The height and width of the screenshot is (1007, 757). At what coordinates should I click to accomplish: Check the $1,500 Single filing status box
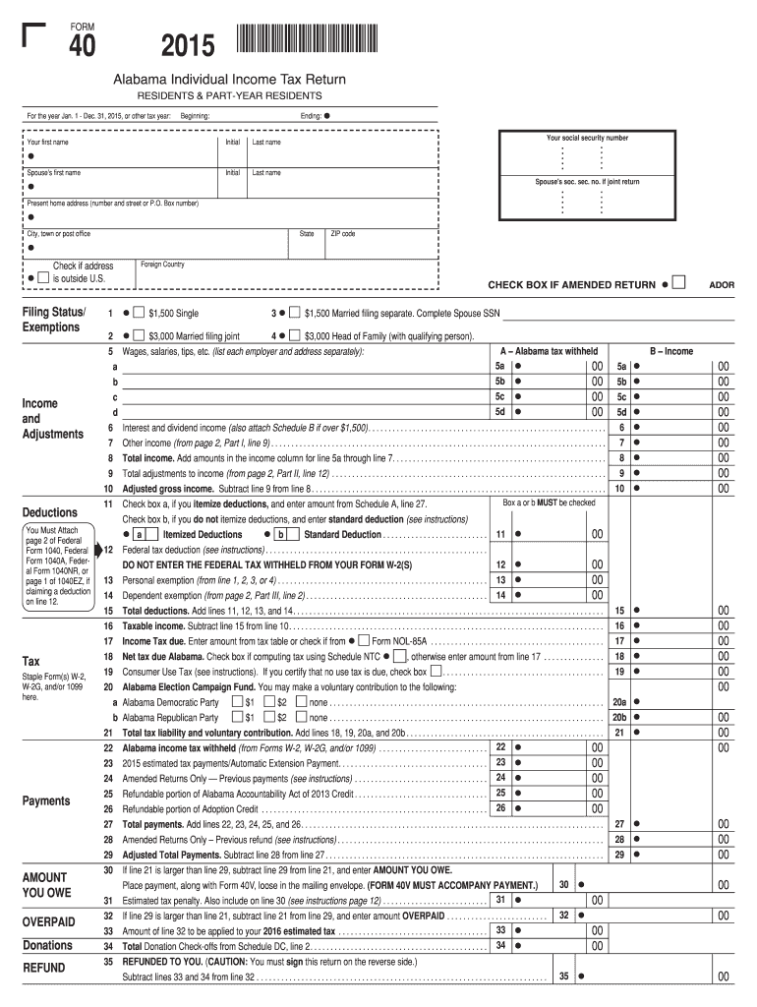coord(138,313)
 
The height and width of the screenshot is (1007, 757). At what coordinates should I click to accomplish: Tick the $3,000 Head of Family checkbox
coord(296,335)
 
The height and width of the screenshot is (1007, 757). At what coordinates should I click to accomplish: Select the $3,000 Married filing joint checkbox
coord(138,335)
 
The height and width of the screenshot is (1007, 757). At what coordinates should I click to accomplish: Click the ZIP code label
coord(343,234)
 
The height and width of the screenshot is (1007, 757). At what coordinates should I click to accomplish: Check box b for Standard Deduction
coord(281,534)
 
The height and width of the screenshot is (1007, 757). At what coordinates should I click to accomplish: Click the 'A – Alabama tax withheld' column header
coord(549,351)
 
